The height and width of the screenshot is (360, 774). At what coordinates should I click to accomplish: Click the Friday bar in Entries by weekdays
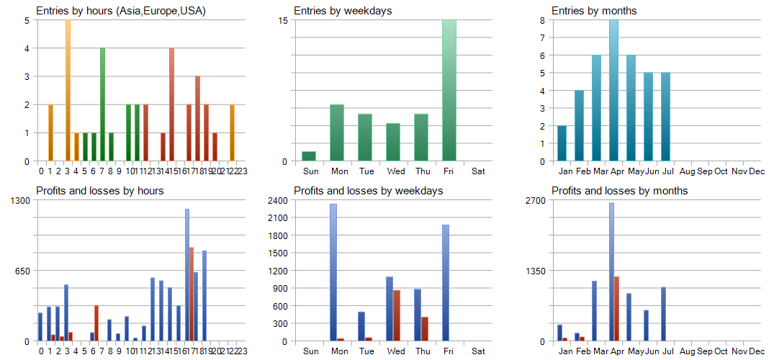click(x=449, y=90)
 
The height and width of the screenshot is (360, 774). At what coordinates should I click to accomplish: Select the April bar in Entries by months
click(x=613, y=90)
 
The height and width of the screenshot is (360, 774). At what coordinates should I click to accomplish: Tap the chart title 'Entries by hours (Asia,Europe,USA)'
click(x=121, y=11)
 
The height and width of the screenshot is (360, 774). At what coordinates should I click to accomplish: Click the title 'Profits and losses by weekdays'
click(x=368, y=191)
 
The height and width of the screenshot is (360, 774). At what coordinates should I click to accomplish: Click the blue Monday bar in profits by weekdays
click(x=333, y=272)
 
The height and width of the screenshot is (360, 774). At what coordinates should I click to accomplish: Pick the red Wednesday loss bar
click(x=397, y=315)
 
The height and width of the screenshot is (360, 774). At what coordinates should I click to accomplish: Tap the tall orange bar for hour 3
click(x=68, y=90)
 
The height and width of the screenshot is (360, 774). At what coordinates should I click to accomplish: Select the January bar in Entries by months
click(x=562, y=143)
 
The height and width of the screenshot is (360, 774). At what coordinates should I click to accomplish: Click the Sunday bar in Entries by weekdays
click(x=309, y=156)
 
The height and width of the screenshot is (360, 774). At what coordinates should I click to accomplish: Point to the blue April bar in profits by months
click(x=611, y=271)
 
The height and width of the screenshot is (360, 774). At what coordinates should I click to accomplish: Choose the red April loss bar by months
click(x=617, y=308)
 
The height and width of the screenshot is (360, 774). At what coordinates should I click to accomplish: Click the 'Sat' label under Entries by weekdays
click(x=478, y=171)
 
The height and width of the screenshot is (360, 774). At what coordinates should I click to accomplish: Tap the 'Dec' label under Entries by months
click(x=757, y=171)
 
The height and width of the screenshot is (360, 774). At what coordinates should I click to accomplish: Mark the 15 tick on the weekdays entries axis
click(x=282, y=20)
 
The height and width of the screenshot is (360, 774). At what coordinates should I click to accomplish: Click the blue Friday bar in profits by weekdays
click(x=446, y=282)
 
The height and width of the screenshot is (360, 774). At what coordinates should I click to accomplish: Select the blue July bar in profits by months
click(x=663, y=314)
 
